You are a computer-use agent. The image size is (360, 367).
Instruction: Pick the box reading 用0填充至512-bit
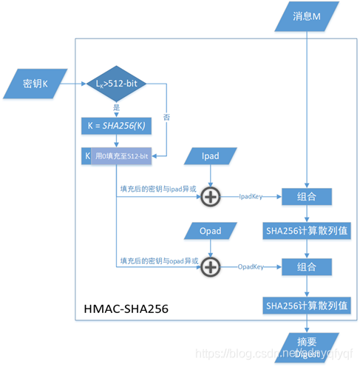123,155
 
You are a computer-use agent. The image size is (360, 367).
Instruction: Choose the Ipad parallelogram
212,156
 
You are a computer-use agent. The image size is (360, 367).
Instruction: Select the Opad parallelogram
211,232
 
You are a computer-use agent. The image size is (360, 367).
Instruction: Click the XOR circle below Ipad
211,196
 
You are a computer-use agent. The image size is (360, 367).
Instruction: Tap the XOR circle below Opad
211,266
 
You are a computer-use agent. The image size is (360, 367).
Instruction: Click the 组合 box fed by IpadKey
307,196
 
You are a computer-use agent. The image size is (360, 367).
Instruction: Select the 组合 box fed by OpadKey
307,266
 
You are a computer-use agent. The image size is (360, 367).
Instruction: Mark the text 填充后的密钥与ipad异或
158,189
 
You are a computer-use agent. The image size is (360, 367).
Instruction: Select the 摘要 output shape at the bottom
306,347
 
